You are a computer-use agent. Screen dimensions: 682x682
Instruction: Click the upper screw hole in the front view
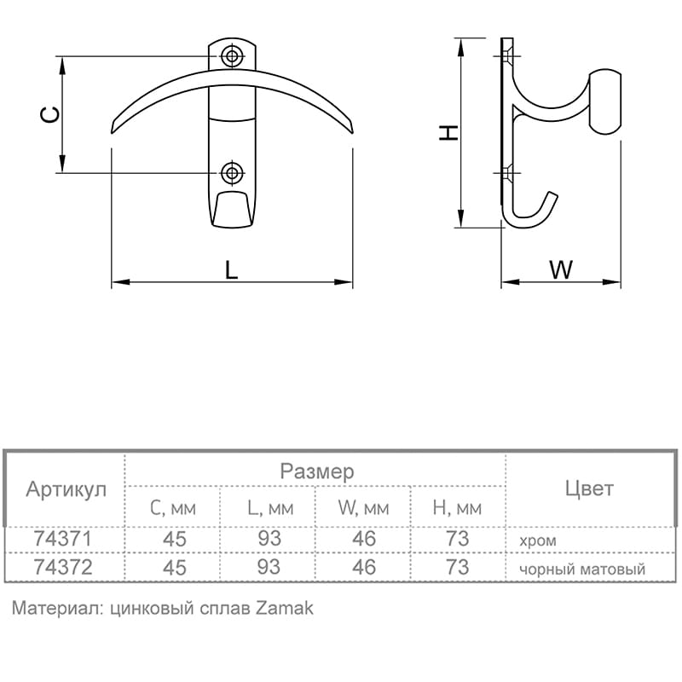[x=232, y=56]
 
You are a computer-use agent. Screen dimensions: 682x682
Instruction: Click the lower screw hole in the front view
[x=232, y=173]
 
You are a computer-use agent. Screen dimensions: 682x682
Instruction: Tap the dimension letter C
[x=50, y=114]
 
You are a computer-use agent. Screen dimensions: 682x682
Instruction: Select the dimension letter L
[x=231, y=269]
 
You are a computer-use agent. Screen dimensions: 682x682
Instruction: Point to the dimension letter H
[x=448, y=133]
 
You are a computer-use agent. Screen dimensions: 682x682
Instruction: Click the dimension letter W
[x=561, y=269]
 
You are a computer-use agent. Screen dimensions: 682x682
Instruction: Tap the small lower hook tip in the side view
[x=552, y=194]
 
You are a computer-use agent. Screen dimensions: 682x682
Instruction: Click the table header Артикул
[x=66, y=489]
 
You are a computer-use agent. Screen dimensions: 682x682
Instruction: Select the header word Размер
[x=316, y=472]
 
